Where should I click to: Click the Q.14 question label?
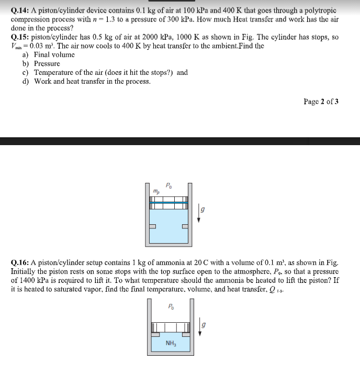20,10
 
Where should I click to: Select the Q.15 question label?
20,38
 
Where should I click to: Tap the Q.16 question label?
20,262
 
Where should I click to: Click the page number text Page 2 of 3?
320,101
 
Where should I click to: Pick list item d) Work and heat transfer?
86,81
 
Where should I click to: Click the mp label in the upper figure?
156,191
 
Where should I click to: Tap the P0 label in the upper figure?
168,184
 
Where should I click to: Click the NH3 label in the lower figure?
170,344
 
